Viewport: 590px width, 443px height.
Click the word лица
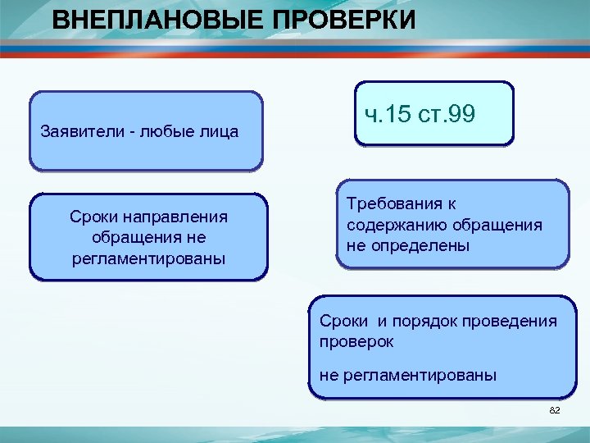point(219,131)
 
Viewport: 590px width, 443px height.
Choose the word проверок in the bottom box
point(356,340)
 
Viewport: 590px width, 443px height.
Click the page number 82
point(554,410)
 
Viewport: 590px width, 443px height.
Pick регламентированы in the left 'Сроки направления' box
point(148,258)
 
